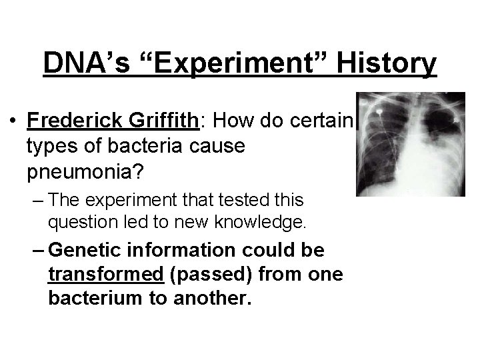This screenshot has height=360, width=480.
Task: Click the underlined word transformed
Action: [x=106, y=275]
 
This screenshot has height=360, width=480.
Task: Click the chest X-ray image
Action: [x=409, y=144]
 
